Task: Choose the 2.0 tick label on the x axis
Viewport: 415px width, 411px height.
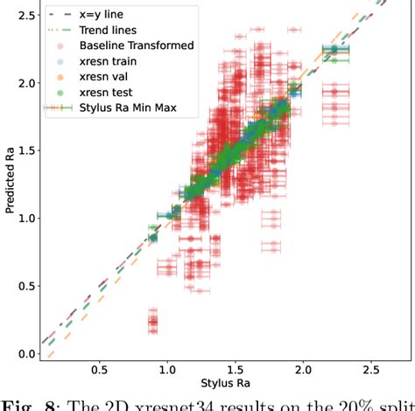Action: point(305,368)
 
